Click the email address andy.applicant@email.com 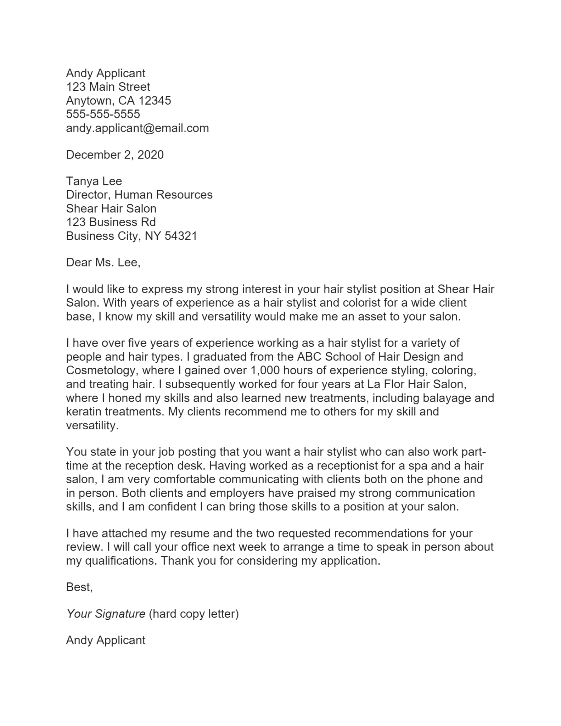pos(137,128)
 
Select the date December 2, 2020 pos(114,155)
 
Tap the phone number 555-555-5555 pos(103,114)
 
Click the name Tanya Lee pos(94,181)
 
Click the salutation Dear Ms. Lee pos(103,262)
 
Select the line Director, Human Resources pos(139,195)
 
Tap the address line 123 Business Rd pos(111,222)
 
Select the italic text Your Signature pos(106,614)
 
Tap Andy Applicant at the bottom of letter pos(105,640)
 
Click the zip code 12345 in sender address pos(155,101)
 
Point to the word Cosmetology pos(101,370)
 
